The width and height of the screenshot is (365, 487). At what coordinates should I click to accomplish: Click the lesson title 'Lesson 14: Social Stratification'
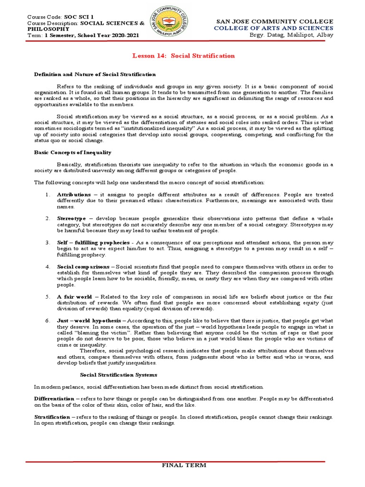click(182, 56)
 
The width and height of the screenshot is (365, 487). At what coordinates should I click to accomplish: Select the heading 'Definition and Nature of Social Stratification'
click(95, 74)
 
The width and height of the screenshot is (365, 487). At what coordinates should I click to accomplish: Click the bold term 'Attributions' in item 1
click(74, 195)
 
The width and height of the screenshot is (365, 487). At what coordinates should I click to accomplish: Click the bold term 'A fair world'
click(74, 297)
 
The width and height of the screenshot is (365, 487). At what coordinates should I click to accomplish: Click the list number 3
click(48, 243)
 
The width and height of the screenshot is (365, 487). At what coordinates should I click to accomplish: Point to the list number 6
click(48, 321)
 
